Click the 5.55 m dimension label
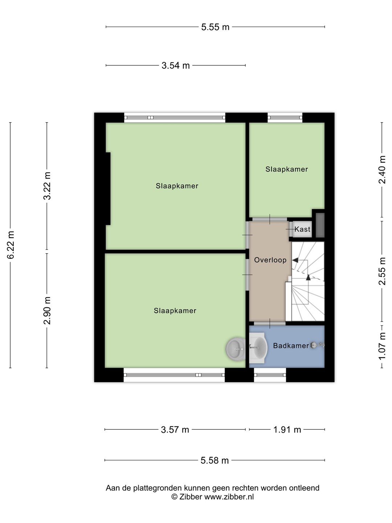point(215,27)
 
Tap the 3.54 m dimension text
point(176,65)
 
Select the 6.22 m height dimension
point(11,244)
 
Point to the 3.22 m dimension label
point(47,186)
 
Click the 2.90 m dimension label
point(47,311)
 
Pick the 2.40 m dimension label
point(382,170)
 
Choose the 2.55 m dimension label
point(382,271)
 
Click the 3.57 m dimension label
point(175,430)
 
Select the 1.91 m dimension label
point(287,430)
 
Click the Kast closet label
point(302,229)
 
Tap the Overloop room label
point(270,260)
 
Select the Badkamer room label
point(291,345)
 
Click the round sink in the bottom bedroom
point(236,349)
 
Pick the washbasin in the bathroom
point(258,348)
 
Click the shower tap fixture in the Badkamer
point(317,345)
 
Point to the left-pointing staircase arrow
point(295,260)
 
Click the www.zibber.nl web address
point(229,496)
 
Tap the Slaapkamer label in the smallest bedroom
point(287,169)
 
